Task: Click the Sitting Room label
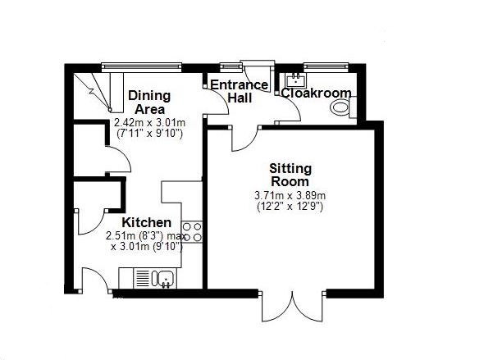tap(290, 175)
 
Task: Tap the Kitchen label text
tap(147, 222)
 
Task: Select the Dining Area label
tap(149, 103)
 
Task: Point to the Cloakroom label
tap(316, 93)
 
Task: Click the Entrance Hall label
tap(240, 92)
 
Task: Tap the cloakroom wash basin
tap(296, 80)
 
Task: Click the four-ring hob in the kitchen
tap(192, 232)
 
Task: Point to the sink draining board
tap(143, 278)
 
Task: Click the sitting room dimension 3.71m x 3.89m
tap(290, 195)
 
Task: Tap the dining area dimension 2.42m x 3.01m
tap(149, 122)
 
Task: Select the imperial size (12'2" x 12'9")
tap(290, 207)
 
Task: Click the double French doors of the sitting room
tap(292, 307)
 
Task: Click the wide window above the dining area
tap(141, 66)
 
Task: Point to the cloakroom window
tap(326, 66)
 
